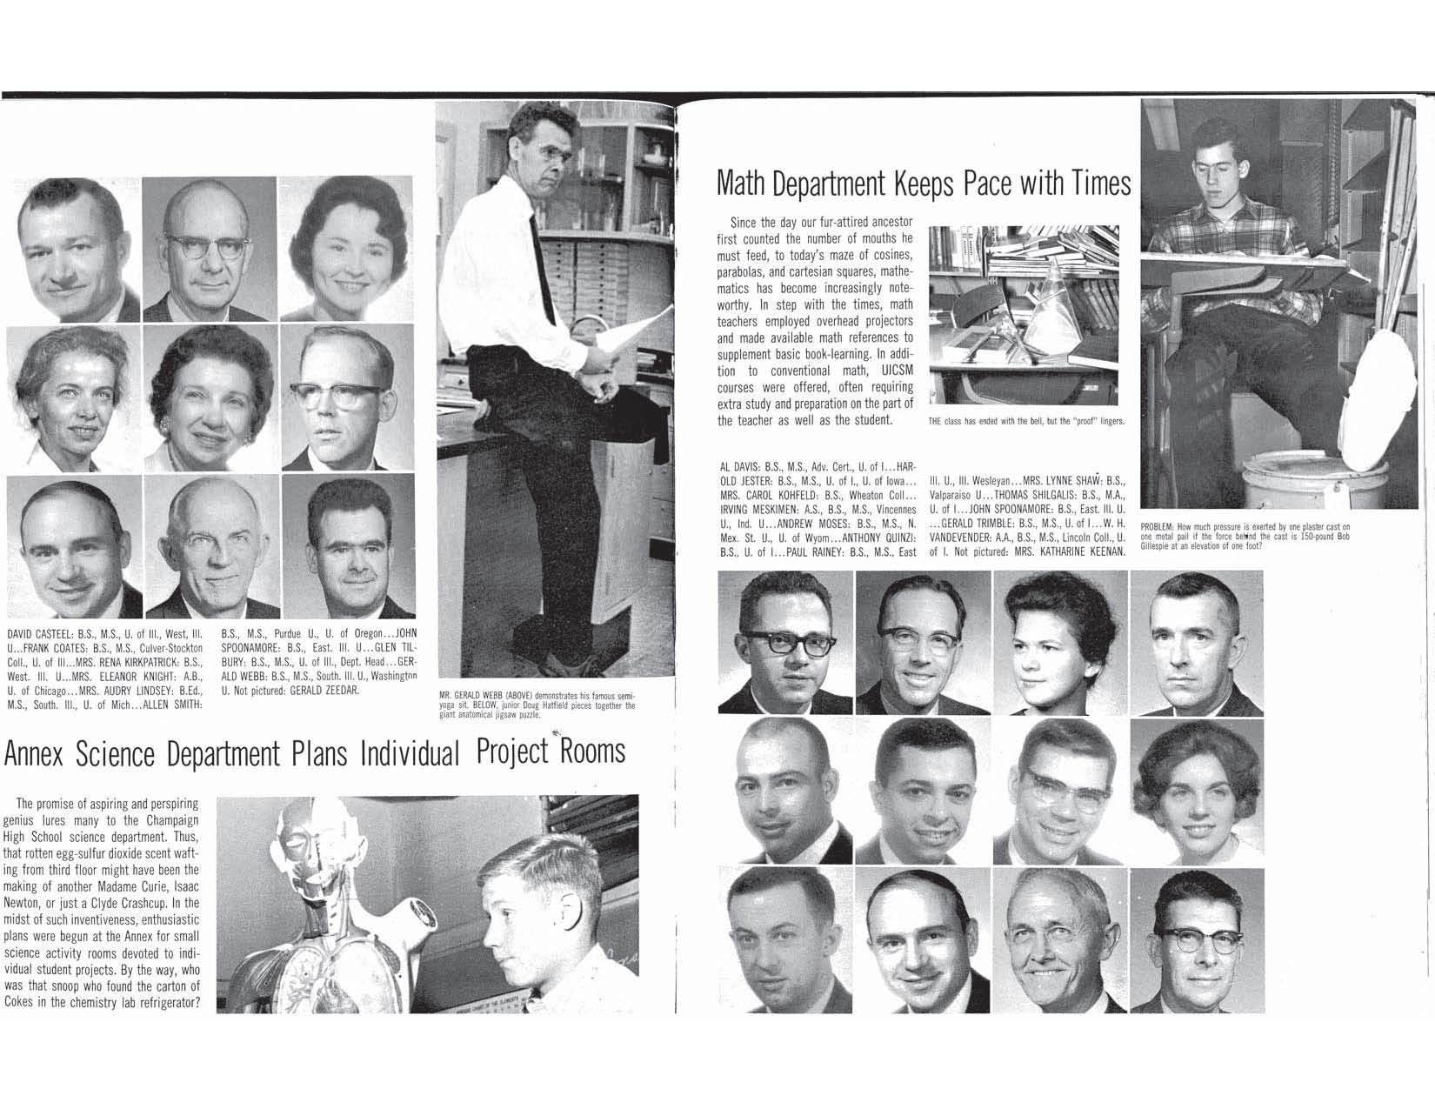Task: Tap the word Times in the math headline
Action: coord(1102,183)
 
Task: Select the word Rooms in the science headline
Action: coord(591,751)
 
